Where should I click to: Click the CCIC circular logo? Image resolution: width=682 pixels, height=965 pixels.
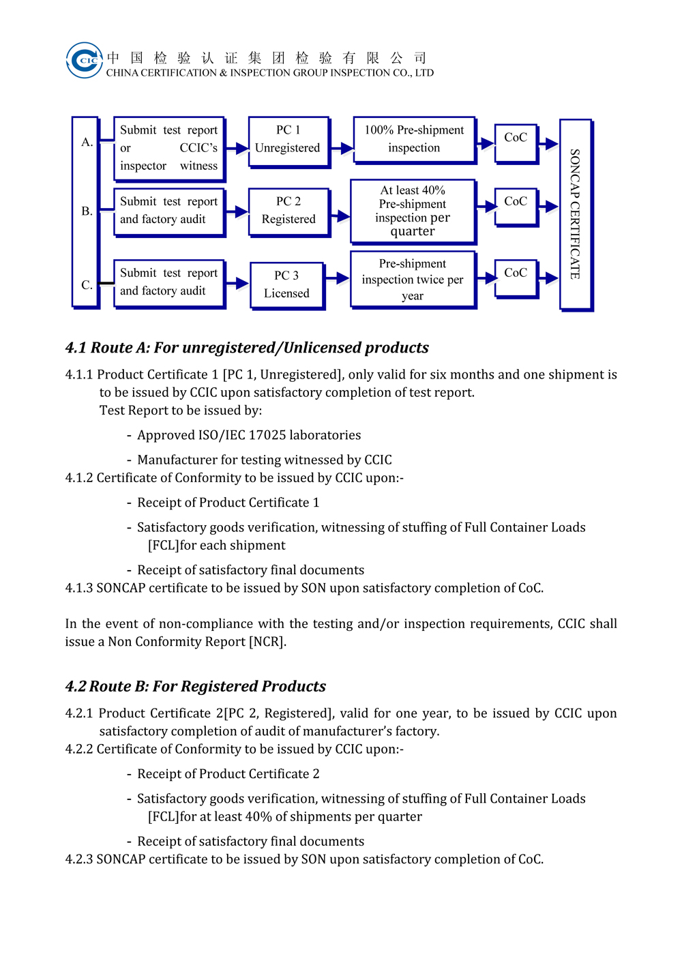(x=85, y=60)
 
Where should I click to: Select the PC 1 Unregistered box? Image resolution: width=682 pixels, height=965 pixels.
(x=289, y=142)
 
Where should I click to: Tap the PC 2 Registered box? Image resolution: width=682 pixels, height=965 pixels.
(x=289, y=213)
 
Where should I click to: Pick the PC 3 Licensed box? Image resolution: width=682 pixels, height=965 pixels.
(x=287, y=286)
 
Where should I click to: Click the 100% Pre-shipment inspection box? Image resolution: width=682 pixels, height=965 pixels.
(x=415, y=140)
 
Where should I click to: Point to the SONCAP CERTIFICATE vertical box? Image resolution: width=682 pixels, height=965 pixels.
(x=576, y=215)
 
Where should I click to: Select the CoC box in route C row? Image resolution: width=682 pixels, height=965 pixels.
(x=516, y=279)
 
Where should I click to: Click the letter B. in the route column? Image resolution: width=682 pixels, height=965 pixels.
(x=87, y=211)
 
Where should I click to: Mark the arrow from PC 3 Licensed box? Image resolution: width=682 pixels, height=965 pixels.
(x=337, y=278)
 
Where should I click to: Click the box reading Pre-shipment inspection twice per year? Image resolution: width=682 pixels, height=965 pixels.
(x=413, y=280)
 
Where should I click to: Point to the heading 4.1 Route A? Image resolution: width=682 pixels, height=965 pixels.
(x=247, y=348)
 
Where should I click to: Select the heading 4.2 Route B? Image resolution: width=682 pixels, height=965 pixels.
(x=196, y=686)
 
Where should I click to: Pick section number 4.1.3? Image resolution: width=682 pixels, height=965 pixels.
(x=79, y=588)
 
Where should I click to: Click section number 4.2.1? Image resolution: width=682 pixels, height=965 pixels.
(x=79, y=713)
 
